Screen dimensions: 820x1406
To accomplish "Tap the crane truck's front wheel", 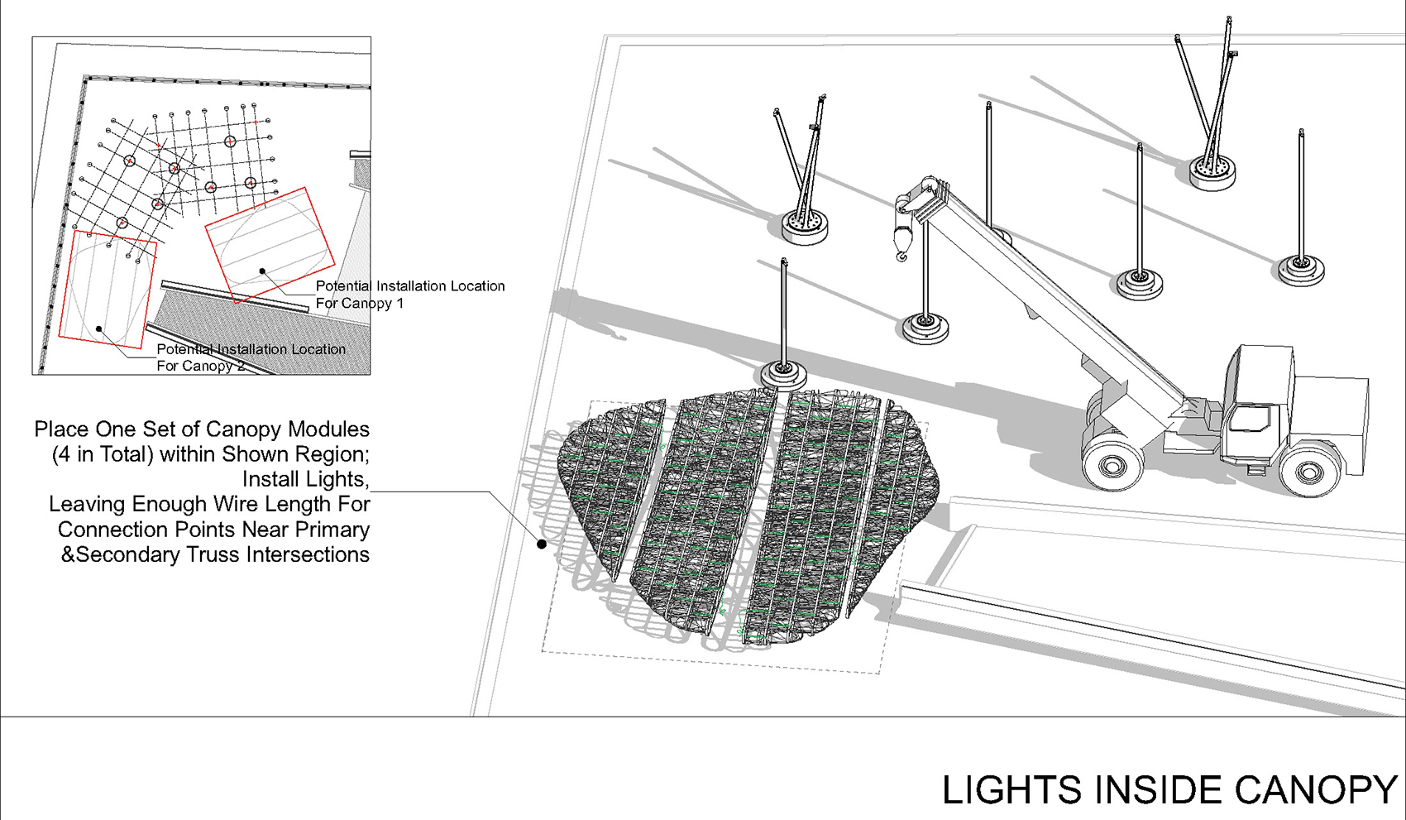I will pos(1307,470).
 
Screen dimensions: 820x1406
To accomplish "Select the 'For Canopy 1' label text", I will pos(360,304).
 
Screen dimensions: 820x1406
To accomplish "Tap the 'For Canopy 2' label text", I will pos(201,366).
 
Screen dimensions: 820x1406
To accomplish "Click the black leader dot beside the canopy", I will pos(542,544).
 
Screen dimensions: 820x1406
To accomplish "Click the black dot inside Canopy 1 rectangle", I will pos(262,271).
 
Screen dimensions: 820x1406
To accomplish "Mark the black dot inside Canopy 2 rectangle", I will pos(99,328).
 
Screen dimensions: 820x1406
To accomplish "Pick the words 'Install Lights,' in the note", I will pos(305,480).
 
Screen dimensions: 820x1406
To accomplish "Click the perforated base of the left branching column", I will pos(805,225).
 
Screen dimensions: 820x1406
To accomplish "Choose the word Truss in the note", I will pos(214,555).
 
